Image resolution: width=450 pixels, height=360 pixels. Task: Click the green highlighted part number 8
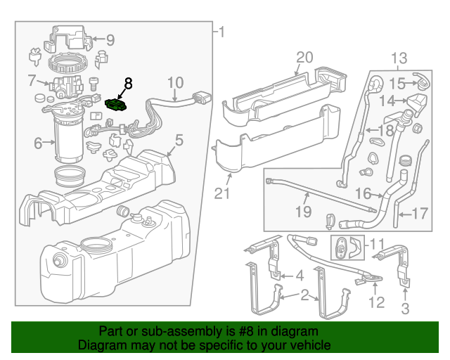pos(115,105)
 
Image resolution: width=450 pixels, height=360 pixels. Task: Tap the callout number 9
pos(110,40)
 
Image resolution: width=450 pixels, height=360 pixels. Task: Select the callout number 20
pos(303,57)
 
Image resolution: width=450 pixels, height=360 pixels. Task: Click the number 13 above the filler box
pos(399,58)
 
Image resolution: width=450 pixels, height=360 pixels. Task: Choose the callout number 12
pos(378,303)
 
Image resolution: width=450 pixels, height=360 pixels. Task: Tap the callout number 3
pos(404,308)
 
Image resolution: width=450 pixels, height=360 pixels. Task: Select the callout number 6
pos(38,143)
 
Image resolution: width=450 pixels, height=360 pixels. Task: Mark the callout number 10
pos(175,83)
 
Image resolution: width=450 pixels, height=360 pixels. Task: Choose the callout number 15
pos(398,84)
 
